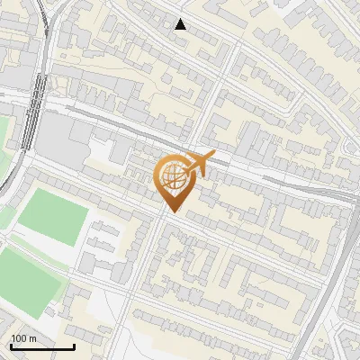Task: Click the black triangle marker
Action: pyautogui.click(x=181, y=24)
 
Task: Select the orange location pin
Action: pyautogui.click(x=174, y=180)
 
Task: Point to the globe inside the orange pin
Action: pyautogui.click(x=174, y=176)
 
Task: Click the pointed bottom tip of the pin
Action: pyautogui.click(x=174, y=211)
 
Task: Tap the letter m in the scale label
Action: pyautogui.click(x=33, y=338)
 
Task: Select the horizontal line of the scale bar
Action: pyautogui.click(x=42, y=346)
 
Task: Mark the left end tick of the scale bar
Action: pyautogui.click(x=11, y=345)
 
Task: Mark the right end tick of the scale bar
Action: pyautogui.click(x=74, y=345)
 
